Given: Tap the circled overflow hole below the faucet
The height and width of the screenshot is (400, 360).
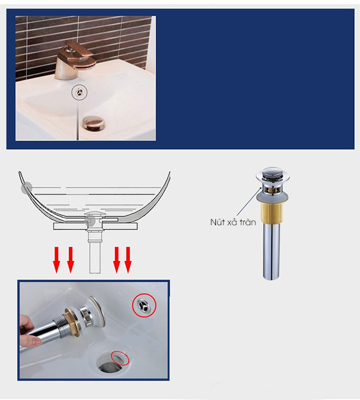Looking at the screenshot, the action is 80,92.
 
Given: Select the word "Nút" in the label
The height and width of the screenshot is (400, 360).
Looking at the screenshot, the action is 217,222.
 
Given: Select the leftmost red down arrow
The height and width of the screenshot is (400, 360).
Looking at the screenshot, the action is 57,260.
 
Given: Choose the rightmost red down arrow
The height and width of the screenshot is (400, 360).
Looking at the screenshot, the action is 128,260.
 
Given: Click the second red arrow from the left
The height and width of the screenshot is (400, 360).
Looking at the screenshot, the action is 71,260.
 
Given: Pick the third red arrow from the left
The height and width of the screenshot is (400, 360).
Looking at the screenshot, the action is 117,260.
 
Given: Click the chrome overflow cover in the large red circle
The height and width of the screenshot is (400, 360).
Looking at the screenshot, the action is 144,305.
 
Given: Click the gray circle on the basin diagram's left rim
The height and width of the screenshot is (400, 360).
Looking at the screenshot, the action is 26,188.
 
